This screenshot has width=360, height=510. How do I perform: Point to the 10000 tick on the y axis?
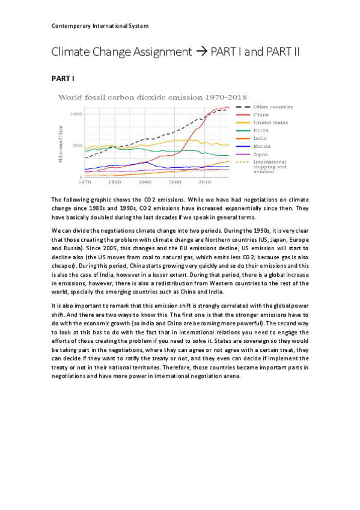[x=75, y=114]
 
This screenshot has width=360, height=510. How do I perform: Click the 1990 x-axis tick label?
[x=144, y=181]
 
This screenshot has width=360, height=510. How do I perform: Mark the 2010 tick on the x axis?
[x=204, y=181]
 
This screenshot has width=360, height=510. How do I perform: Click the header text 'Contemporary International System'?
[x=100, y=26]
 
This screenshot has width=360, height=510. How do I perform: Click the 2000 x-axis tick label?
[x=174, y=181]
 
